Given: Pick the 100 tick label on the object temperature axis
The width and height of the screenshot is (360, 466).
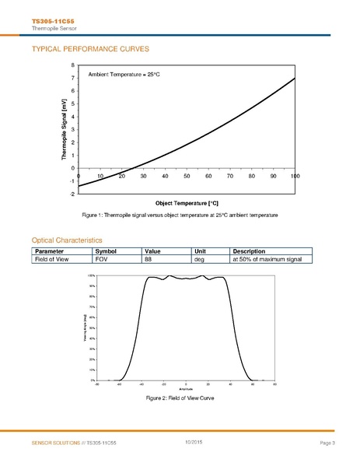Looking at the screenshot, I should [x=295, y=177].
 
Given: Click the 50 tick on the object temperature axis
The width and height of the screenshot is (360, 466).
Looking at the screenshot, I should [x=187, y=177].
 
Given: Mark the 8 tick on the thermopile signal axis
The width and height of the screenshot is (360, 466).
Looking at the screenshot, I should [x=73, y=65].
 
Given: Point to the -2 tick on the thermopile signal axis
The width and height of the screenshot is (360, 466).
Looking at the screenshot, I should [x=72, y=194].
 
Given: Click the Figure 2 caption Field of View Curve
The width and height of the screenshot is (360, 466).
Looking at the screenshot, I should [x=180, y=398].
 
